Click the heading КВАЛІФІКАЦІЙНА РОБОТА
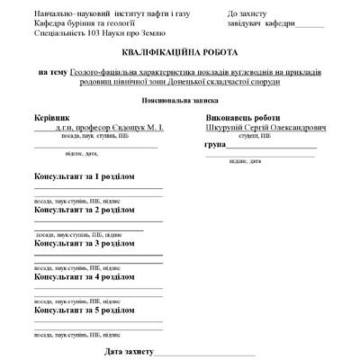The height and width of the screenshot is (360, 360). coord(179,52)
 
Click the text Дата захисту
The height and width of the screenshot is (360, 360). coord(130,350)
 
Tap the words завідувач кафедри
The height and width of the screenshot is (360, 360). coord(262,25)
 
